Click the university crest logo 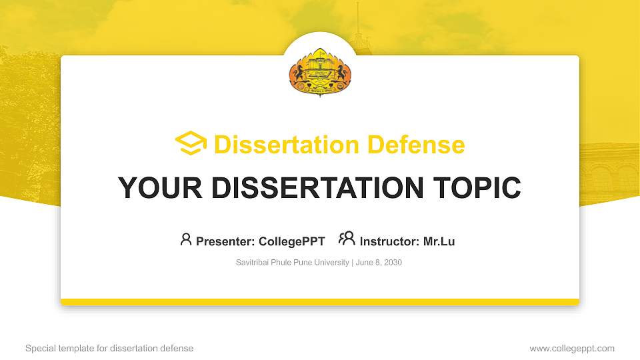[x=320, y=72]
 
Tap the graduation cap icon [x=191, y=143]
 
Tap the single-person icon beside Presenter [x=186, y=239]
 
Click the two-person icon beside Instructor [x=347, y=239]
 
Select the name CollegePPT [x=291, y=241]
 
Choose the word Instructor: [x=389, y=241]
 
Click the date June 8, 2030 [x=379, y=263]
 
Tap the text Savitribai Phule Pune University [x=292, y=263]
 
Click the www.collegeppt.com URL [x=571, y=348]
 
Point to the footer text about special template [x=109, y=348]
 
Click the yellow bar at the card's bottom [x=320, y=302]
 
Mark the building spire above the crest [x=357, y=20]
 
